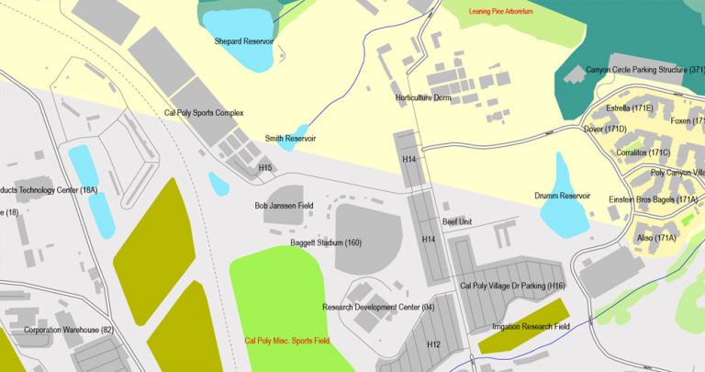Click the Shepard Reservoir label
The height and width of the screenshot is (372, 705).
coord(243,41)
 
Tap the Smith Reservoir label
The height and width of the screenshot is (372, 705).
coord(290,139)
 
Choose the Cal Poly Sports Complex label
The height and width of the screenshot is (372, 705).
coord(204,113)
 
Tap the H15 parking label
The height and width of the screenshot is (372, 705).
coord(265,168)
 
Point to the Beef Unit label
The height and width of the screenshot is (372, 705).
coord(457,222)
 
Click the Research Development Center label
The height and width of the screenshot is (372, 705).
coord(378,307)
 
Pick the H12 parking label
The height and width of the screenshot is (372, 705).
coord(434,344)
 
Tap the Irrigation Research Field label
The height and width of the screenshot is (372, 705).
coord(531,327)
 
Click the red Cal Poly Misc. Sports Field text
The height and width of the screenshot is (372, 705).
coord(287,341)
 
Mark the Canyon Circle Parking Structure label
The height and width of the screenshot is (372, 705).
coord(645,70)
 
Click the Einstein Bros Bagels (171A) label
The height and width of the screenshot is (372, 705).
coord(654,199)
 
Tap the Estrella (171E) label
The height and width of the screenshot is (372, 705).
coord(630,108)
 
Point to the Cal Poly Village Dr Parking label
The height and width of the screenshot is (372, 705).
coord(512,287)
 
